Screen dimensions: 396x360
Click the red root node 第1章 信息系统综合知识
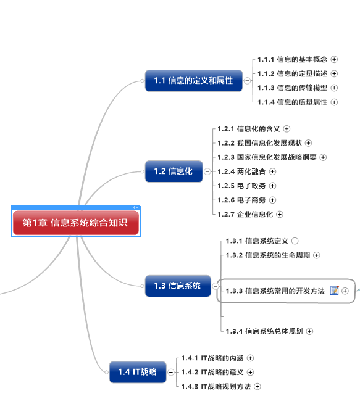pos(76,223)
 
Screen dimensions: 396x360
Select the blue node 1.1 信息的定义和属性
pos(193,80)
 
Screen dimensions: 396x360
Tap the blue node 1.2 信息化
pos(174,171)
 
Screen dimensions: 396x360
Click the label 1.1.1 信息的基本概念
pos(293,59)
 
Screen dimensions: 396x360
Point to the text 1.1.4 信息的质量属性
pos(293,102)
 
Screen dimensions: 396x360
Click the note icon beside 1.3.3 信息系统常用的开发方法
pos(335,291)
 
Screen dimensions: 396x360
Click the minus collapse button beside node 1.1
pos(247,80)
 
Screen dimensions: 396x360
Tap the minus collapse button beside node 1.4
pos(170,371)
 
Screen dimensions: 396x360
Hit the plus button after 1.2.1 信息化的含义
pos(287,129)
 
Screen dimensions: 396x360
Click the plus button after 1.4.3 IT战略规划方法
pos(257,386)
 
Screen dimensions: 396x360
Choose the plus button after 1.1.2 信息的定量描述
pos(334,73)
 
